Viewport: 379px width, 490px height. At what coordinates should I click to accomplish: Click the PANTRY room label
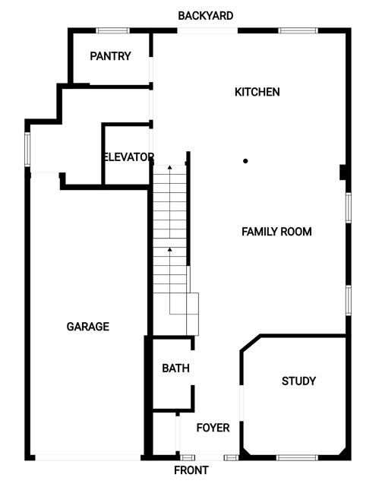pos(110,56)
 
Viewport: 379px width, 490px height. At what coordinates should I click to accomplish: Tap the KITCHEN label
pos(257,92)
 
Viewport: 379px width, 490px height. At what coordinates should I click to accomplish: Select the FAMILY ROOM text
pos(276,232)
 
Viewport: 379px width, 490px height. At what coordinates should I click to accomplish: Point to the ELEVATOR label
pos(128,156)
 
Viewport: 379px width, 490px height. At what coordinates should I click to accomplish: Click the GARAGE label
pos(88,327)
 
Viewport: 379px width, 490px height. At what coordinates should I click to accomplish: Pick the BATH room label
pos(175,368)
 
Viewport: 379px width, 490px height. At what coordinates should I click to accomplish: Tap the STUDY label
pos(298,381)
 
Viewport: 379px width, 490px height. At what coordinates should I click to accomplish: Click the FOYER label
pos(213,428)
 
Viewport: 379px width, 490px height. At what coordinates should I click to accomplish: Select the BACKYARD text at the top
pos(206,16)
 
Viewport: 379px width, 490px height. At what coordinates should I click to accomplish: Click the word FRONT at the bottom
pos(191,470)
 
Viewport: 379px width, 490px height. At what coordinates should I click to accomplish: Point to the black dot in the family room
pos(245,161)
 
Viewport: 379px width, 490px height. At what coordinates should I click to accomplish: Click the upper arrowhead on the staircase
pos(169,167)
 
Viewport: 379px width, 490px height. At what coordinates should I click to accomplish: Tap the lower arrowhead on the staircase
pos(169,249)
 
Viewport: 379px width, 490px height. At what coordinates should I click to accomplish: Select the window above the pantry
pos(112,30)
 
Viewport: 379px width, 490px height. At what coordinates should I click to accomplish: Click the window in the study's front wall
pos(297,458)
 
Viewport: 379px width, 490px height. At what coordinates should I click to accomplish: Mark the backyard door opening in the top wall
pos(208,30)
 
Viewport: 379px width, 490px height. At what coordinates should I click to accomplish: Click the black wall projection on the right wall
pos(343,172)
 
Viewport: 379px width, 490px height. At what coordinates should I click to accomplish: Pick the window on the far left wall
pos(27,150)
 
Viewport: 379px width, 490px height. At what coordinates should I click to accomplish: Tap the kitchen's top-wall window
pos(298,30)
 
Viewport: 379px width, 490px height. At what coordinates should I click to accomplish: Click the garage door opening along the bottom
pos(88,458)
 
